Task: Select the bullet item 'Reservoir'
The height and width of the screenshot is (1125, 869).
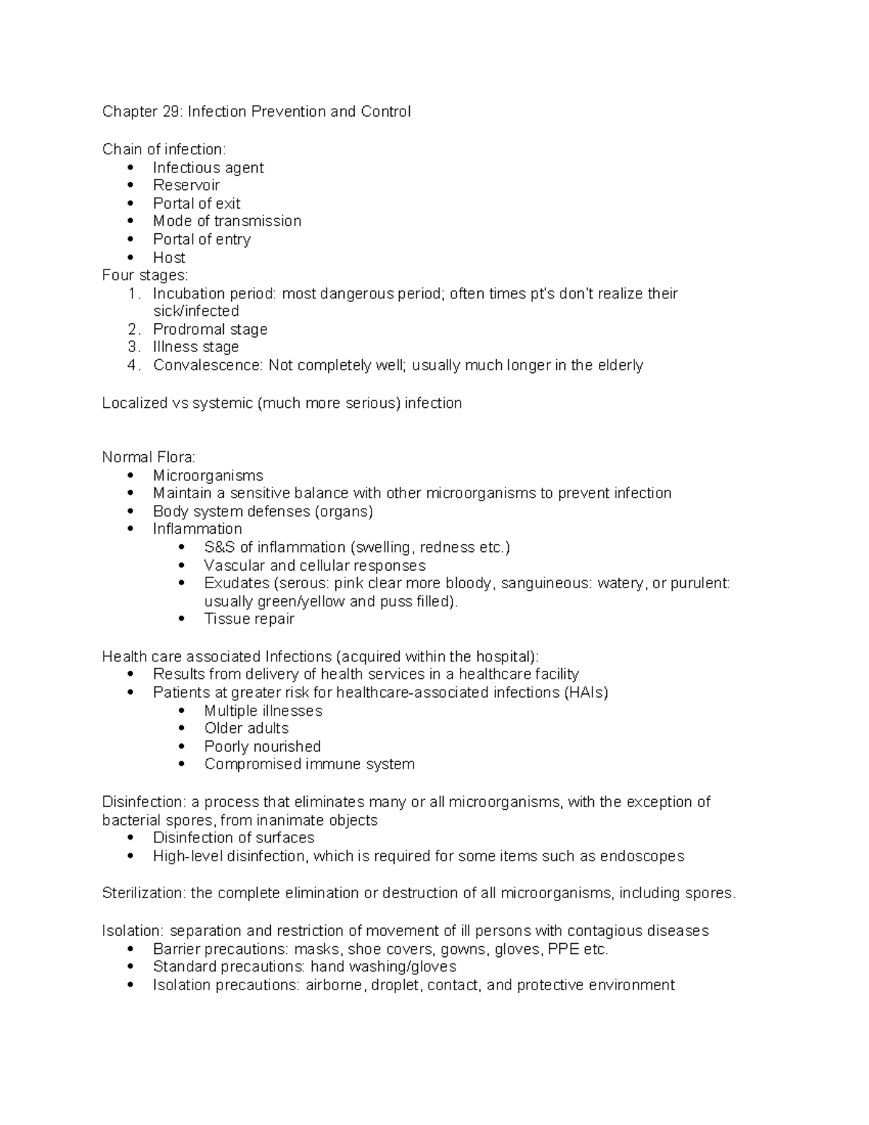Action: click(186, 185)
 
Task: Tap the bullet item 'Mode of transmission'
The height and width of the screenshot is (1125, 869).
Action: click(227, 221)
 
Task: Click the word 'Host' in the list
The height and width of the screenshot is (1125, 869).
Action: click(169, 258)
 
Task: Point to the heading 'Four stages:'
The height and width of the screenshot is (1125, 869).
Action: click(145, 275)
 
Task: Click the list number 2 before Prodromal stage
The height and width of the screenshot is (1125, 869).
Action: click(133, 330)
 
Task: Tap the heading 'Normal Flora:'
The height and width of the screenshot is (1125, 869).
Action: click(148, 458)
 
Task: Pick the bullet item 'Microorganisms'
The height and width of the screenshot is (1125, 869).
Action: click(208, 476)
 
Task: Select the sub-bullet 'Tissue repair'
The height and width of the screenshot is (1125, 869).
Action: click(249, 619)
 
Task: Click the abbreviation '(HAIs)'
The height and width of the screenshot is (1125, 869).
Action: click(585, 693)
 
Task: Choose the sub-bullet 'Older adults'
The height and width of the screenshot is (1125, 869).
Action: click(246, 729)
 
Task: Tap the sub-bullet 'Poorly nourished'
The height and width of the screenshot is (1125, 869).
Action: click(262, 747)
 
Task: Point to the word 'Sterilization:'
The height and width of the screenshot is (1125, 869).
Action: click(144, 893)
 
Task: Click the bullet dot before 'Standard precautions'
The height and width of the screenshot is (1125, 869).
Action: click(130, 967)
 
